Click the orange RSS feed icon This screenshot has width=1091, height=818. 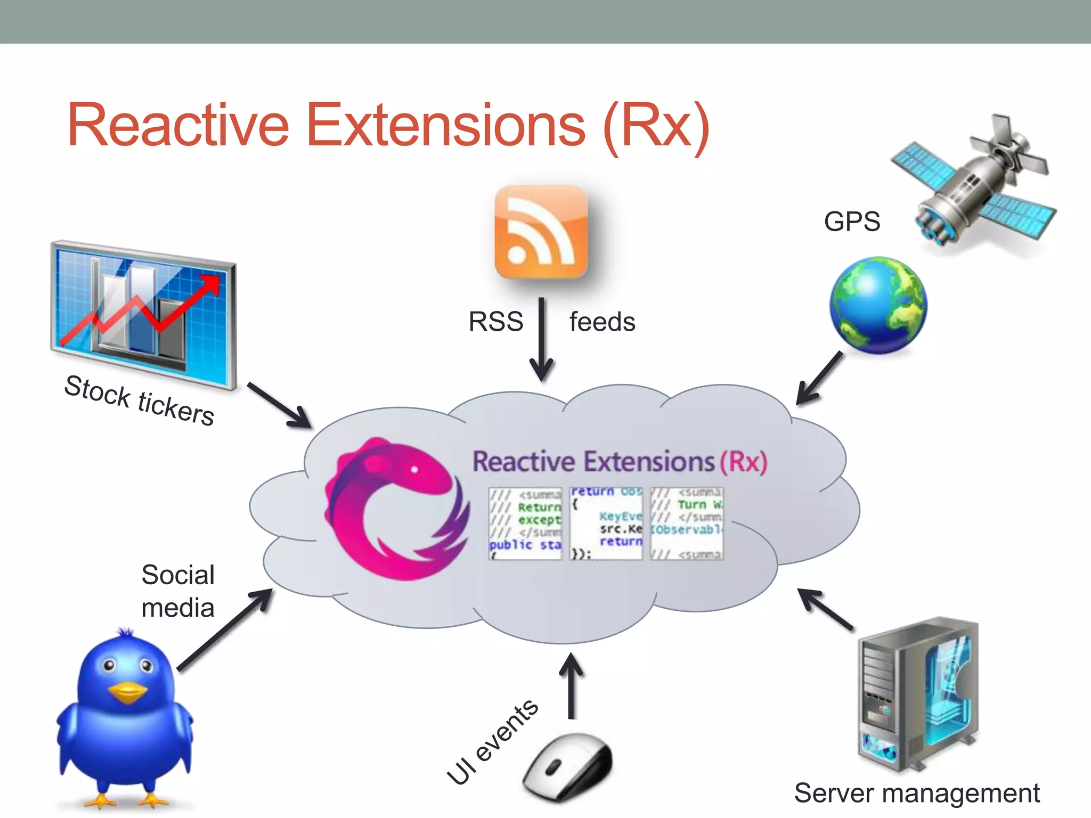(x=541, y=232)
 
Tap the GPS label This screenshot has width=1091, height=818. (x=852, y=221)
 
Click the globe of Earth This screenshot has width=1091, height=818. (x=878, y=305)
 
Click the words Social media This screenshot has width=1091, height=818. (x=178, y=591)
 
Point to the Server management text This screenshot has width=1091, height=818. (x=916, y=793)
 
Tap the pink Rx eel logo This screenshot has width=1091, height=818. (x=397, y=509)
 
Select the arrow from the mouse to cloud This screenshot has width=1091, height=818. (x=572, y=686)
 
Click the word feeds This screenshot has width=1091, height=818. (x=602, y=322)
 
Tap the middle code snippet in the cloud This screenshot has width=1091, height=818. (x=606, y=523)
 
